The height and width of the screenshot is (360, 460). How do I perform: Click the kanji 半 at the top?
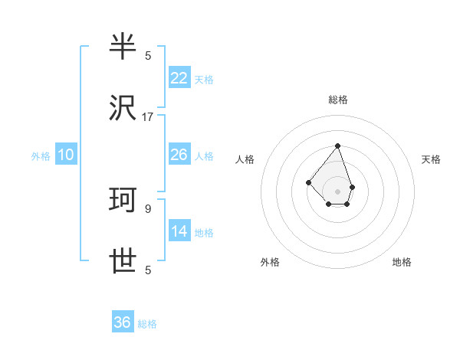coord(123,48)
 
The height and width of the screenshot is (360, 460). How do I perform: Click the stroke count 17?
coord(148,116)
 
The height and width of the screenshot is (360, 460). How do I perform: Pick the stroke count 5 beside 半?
coord(148,55)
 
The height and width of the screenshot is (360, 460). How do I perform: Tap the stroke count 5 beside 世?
coord(148,270)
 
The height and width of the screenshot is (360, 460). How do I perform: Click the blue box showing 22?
coord(179,78)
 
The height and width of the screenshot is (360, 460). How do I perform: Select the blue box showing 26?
coord(179,155)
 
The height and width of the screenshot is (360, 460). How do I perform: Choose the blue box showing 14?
coord(179,231)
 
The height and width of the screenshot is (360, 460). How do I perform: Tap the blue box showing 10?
coord(66,155)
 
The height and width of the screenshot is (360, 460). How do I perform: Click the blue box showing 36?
coord(123,322)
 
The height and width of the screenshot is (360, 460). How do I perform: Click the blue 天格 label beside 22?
coord(204,80)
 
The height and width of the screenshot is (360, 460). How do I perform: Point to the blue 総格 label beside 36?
coord(147,324)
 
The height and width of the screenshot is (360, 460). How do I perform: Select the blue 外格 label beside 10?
coord(41,156)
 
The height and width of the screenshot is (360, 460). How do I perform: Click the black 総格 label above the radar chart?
coord(337,100)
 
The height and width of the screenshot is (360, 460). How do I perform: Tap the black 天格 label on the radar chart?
coord(431,159)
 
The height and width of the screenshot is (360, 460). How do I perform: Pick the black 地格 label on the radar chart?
coord(402,262)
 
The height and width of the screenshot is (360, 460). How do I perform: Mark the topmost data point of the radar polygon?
coord(337,146)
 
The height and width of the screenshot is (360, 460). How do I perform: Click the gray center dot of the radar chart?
coord(337,191)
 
